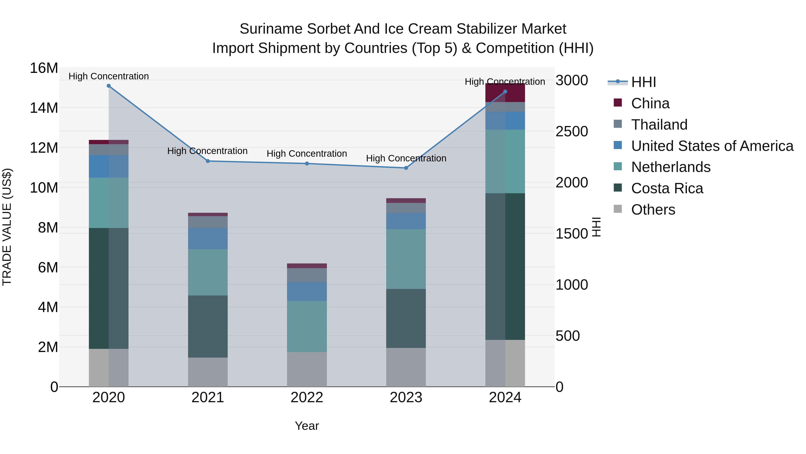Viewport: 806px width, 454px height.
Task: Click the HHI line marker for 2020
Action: coord(109,86)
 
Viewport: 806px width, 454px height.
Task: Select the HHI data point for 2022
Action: coord(307,164)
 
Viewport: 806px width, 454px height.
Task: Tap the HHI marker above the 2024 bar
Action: coord(505,92)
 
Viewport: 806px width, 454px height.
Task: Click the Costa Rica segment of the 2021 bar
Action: coord(208,326)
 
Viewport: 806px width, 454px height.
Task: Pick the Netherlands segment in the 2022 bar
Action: coord(307,326)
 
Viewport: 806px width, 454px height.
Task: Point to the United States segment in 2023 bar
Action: coord(406,221)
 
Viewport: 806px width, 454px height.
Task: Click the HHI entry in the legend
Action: coord(643,82)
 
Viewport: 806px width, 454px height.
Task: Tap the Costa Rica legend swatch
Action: coord(618,188)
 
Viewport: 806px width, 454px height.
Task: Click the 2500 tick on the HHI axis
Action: coord(572,132)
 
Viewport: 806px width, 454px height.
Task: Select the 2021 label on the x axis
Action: coord(208,398)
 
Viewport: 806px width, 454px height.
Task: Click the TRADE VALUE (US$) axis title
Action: coord(7,227)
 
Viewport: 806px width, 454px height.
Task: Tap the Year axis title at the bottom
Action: coord(307,426)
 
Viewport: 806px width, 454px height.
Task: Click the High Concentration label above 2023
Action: coord(406,158)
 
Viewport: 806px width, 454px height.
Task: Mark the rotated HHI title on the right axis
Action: coord(596,227)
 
